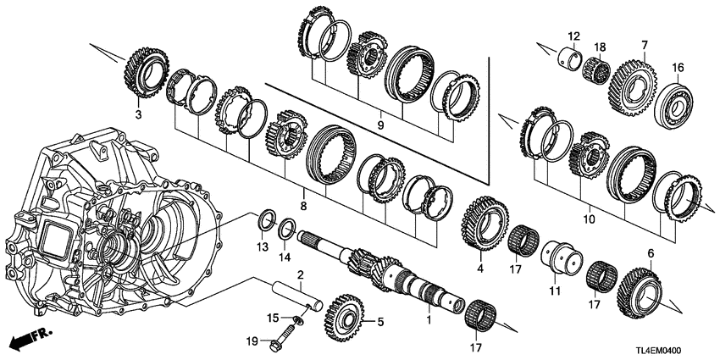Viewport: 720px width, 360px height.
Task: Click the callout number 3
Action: point(138,112)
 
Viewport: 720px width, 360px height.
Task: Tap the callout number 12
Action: point(573,36)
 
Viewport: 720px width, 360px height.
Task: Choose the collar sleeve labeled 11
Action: point(559,258)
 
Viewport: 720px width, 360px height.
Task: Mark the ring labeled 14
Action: point(287,228)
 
